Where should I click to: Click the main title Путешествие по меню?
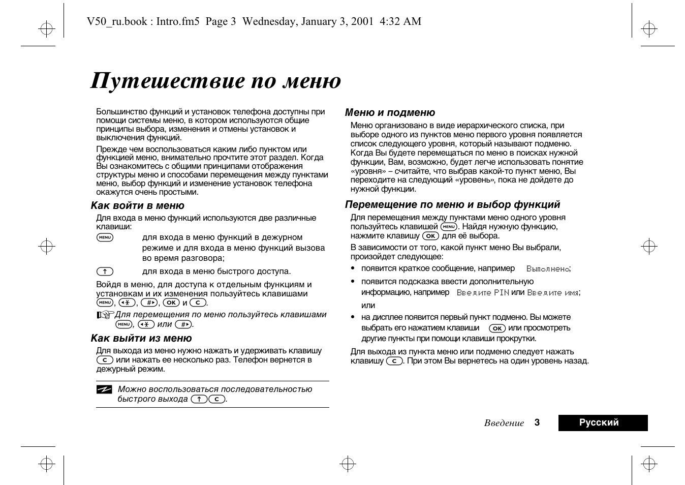[x=215, y=81]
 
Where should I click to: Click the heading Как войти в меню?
[x=137, y=206]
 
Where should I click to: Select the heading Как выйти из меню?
[x=141, y=339]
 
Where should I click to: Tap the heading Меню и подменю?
[x=390, y=113]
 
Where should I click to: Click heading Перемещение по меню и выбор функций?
[x=452, y=205]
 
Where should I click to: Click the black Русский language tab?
[x=603, y=423]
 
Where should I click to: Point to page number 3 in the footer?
[x=537, y=422]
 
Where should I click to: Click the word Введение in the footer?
[x=504, y=423]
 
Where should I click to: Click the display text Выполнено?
[x=548, y=269]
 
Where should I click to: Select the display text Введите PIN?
[x=482, y=293]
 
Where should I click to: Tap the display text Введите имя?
[x=553, y=293]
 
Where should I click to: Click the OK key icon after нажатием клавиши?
[x=497, y=328]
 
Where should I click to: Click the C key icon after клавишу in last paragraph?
[x=394, y=361]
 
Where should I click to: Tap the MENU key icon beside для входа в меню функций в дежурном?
[x=105, y=237]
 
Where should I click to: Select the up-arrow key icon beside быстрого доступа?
[x=105, y=271]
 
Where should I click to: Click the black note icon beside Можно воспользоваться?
[x=104, y=390]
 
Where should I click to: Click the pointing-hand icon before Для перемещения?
[x=104, y=315]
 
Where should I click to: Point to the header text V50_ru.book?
[x=117, y=21]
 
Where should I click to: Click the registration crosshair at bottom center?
[x=348, y=463]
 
